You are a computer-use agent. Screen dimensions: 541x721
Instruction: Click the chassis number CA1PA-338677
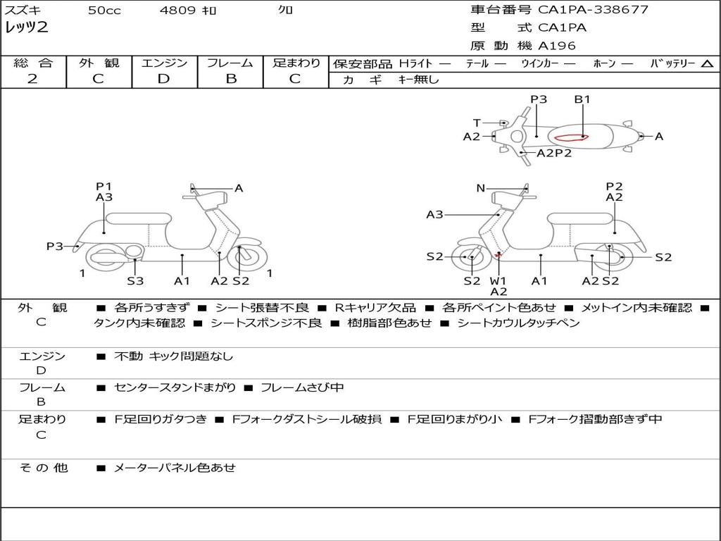[x=593, y=10]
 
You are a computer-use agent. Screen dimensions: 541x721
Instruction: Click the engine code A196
[x=557, y=46]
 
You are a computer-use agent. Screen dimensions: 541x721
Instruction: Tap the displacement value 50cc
[x=104, y=11]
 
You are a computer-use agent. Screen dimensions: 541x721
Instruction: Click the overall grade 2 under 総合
[x=32, y=79]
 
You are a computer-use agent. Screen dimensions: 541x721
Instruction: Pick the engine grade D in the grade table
[x=164, y=79]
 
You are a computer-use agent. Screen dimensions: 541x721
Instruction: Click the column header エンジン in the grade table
[x=164, y=63]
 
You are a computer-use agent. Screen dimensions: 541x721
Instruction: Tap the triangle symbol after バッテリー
[x=707, y=64]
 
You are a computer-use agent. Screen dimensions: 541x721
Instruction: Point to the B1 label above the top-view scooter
[x=582, y=99]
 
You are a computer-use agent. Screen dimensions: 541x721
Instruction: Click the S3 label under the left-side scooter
[x=135, y=281]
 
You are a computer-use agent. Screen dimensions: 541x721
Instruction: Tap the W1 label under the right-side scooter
[x=498, y=280]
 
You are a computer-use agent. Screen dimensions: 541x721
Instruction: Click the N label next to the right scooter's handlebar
[x=481, y=188]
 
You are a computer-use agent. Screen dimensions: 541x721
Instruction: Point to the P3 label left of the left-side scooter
[x=55, y=246]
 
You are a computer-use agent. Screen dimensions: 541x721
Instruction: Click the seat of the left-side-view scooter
[x=138, y=218]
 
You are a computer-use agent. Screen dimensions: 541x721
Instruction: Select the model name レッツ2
[x=26, y=28]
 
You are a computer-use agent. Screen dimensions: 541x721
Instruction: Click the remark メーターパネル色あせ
[x=175, y=467]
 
